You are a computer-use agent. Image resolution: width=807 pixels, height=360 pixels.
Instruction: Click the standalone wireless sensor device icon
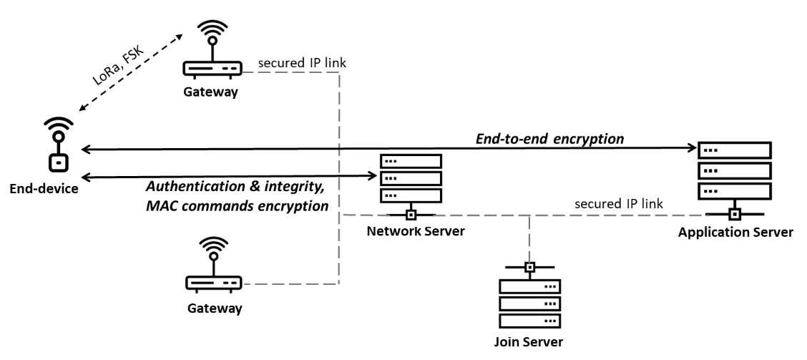click(57, 145)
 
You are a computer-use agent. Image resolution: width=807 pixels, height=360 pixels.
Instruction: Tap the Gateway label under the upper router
click(210, 92)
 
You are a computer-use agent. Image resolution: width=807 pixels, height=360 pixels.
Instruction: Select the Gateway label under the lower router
click(214, 308)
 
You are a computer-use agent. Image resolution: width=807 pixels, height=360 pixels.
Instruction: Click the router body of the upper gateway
click(212, 69)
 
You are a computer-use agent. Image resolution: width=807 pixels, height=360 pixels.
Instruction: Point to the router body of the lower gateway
click(214, 283)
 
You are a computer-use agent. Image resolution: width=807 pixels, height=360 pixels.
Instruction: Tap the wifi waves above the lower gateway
click(213, 247)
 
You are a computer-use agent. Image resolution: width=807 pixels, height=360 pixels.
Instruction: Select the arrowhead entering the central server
click(373, 175)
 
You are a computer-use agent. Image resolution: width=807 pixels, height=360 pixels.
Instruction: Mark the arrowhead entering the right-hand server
click(693, 149)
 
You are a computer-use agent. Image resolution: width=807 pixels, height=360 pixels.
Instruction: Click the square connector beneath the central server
click(411, 215)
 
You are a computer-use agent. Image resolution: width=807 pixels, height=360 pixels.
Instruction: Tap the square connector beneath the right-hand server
click(734, 214)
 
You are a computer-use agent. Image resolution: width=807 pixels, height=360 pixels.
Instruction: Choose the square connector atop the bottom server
click(529, 268)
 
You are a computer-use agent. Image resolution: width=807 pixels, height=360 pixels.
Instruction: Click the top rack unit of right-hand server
click(735, 150)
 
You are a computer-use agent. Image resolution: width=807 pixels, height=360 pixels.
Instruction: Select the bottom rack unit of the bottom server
click(529, 321)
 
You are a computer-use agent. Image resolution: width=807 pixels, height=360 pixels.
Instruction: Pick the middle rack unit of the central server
click(411, 177)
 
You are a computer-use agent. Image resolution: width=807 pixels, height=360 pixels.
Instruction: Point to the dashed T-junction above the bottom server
click(529, 215)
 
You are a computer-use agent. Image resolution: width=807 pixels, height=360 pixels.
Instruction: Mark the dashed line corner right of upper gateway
click(339, 72)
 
